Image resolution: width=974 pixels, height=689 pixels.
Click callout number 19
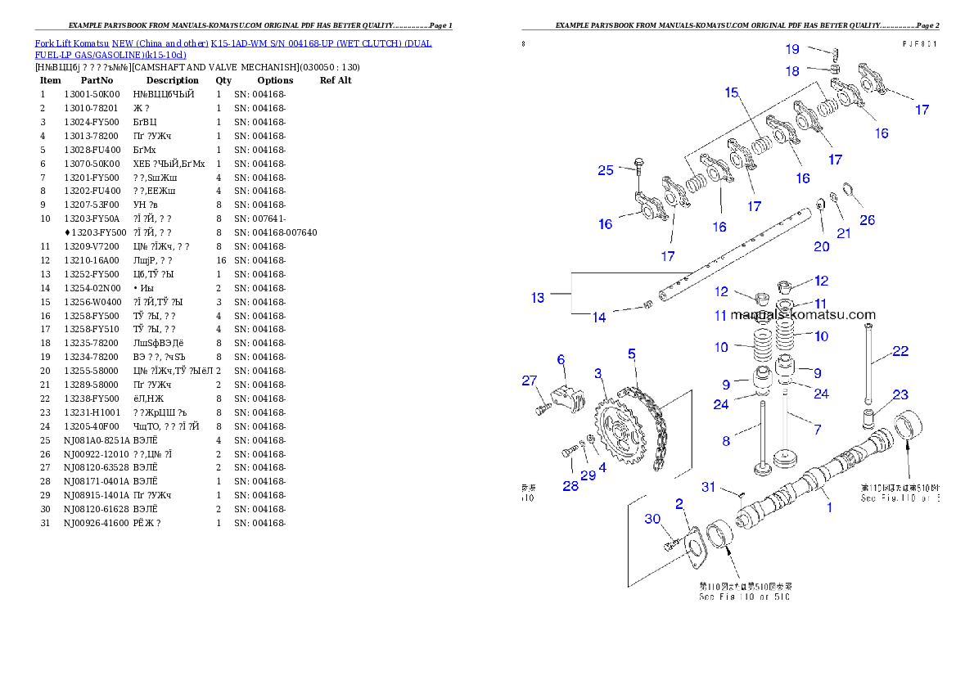tap(792, 50)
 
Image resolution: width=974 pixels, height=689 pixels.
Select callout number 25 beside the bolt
tap(605, 170)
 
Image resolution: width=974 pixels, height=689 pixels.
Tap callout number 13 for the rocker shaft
tap(538, 298)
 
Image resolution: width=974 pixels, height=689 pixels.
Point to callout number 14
tap(599, 317)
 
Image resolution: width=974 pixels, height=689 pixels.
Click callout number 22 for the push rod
tap(900, 351)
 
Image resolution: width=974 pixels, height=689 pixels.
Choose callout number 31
tap(709, 487)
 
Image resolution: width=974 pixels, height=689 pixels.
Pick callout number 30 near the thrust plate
tap(652, 519)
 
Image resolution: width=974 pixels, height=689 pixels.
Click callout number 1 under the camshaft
tap(829, 507)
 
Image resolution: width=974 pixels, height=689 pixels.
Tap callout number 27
tap(530, 380)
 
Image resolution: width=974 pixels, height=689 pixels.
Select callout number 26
tap(867, 220)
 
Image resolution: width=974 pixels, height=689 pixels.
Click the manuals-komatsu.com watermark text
tap(802, 314)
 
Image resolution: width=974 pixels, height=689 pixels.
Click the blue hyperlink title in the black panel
tap(232, 48)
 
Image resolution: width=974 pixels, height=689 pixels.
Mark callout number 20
tap(821, 246)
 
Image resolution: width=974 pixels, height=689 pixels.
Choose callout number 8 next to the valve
tap(726, 441)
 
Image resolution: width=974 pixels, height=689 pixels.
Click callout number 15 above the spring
tap(731, 92)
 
